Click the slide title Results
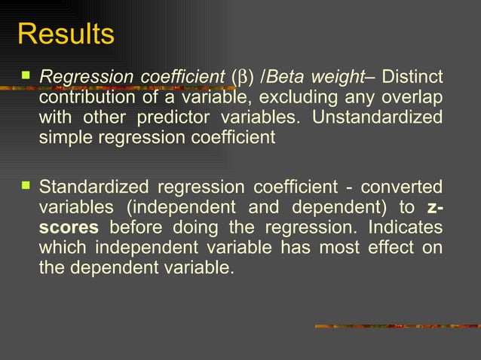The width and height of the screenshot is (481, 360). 66,35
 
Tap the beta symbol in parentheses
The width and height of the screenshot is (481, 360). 240,78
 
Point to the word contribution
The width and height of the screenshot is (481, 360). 83,97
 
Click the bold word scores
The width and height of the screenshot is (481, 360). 68,227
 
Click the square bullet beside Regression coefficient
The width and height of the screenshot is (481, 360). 26,76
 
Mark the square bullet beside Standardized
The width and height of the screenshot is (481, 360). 26,185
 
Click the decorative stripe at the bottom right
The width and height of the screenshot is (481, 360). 396,325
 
